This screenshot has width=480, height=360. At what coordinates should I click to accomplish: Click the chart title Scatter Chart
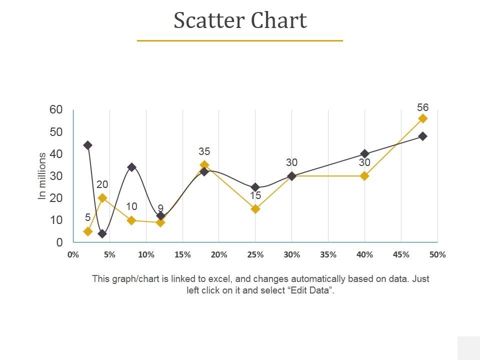tap(240, 21)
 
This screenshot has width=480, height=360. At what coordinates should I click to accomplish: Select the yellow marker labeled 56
tap(423, 118)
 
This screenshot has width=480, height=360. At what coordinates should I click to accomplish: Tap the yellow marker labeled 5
tap(88, 231)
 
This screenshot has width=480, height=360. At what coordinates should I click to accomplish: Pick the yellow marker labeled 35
tap(204, 165)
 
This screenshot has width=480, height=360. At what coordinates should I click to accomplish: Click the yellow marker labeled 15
tap(255, 209)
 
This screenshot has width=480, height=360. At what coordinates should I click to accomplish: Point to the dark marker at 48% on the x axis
tap(423, 136)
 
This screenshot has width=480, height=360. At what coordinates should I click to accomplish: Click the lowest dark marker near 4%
tap(102, 233)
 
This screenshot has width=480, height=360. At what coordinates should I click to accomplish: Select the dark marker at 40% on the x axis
tap(365, 153)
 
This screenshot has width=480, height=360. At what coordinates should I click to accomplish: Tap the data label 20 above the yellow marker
tap(102, 185)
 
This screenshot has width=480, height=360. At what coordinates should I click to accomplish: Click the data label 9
tap(160, 208)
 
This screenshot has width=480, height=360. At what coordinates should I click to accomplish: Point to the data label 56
tap(423, 107)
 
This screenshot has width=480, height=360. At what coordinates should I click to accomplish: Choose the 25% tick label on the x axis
tap(255, 254)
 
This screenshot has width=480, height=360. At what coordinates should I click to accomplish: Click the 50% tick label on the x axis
tap(437, 254)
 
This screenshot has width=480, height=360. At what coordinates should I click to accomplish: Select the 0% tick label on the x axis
tap(73, 254)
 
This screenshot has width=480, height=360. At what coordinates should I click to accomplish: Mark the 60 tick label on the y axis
tap(56, 110)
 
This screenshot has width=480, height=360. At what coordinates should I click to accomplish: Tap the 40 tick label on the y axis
tap(56, 154)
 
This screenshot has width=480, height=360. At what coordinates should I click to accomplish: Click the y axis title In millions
tap(42, 176)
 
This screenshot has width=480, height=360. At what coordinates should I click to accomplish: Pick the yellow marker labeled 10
tap(131, 220)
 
